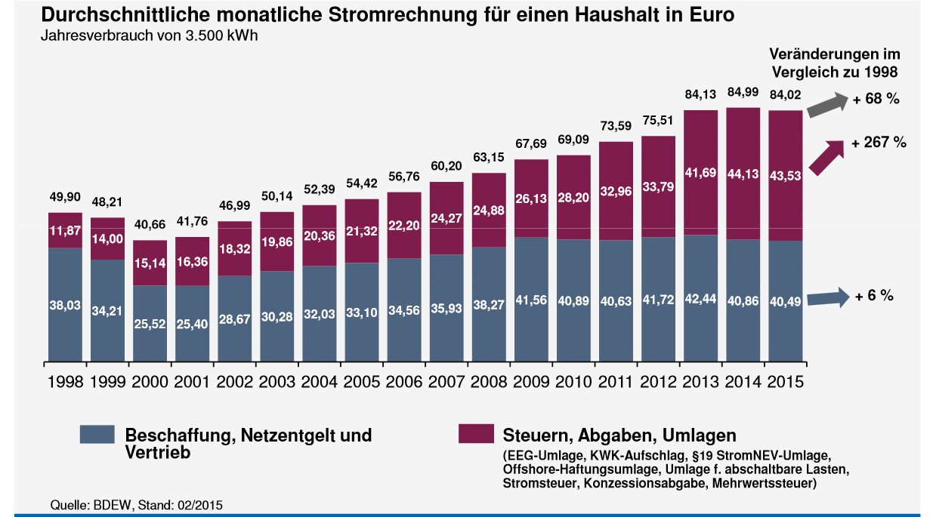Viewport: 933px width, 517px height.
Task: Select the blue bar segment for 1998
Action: pyautogui.click(x=65, y=302)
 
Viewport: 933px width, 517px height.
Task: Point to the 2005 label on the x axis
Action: pyautogui.click(x=361, y=381)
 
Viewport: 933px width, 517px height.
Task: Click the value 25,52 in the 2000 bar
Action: pyautogui.click(x=150, y=324)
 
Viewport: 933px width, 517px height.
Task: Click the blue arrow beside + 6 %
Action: pyautogui.click(x=826, y=298)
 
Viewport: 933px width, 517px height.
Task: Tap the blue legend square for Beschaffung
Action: pyautogui.click(x=97, y=434)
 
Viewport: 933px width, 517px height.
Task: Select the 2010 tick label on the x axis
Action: pyautogui.click(x=573, y=381)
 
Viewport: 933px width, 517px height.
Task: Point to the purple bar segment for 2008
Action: pyautogui.click(x=489, y=210)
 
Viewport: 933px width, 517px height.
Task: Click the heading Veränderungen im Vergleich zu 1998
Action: pyautogui.click(x=834, y=63)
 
